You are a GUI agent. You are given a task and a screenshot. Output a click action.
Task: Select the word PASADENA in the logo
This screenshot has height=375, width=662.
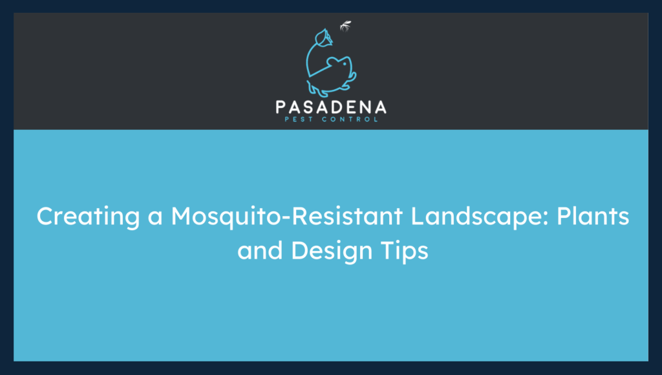(x=330, y=107)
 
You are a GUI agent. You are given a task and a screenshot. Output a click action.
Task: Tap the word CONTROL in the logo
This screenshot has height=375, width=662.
(x=351, y=119)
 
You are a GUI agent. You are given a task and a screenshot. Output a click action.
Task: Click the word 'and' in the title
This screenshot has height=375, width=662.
(x=260, y=250)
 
